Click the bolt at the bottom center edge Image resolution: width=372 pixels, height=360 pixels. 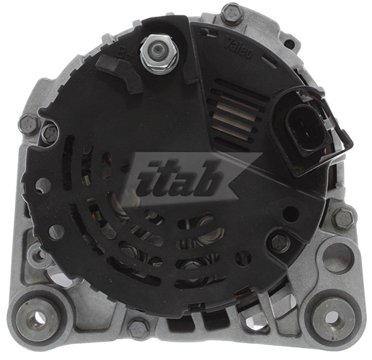[x=139, y=325]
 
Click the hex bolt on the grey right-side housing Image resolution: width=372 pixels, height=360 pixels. [x=342, y=218]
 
